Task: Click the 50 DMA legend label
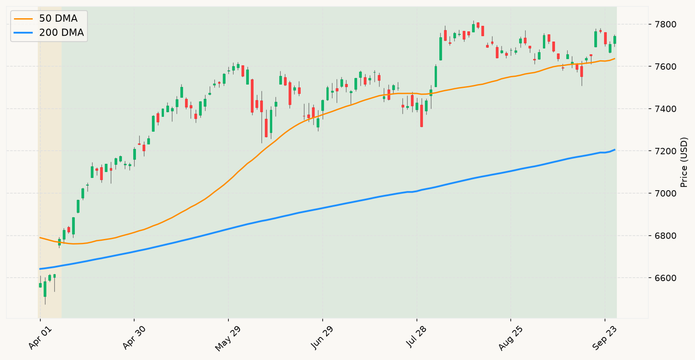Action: (x=58, y=19)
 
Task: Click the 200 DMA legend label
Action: (x=62, y=33)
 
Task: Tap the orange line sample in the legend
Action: (x=23, y=19)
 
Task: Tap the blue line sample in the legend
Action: (x=23, y=33)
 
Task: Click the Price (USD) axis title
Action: (x=684, y=162)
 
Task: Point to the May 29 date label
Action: (x=228, y=339)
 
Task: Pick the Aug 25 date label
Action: (x=510, y=339)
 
